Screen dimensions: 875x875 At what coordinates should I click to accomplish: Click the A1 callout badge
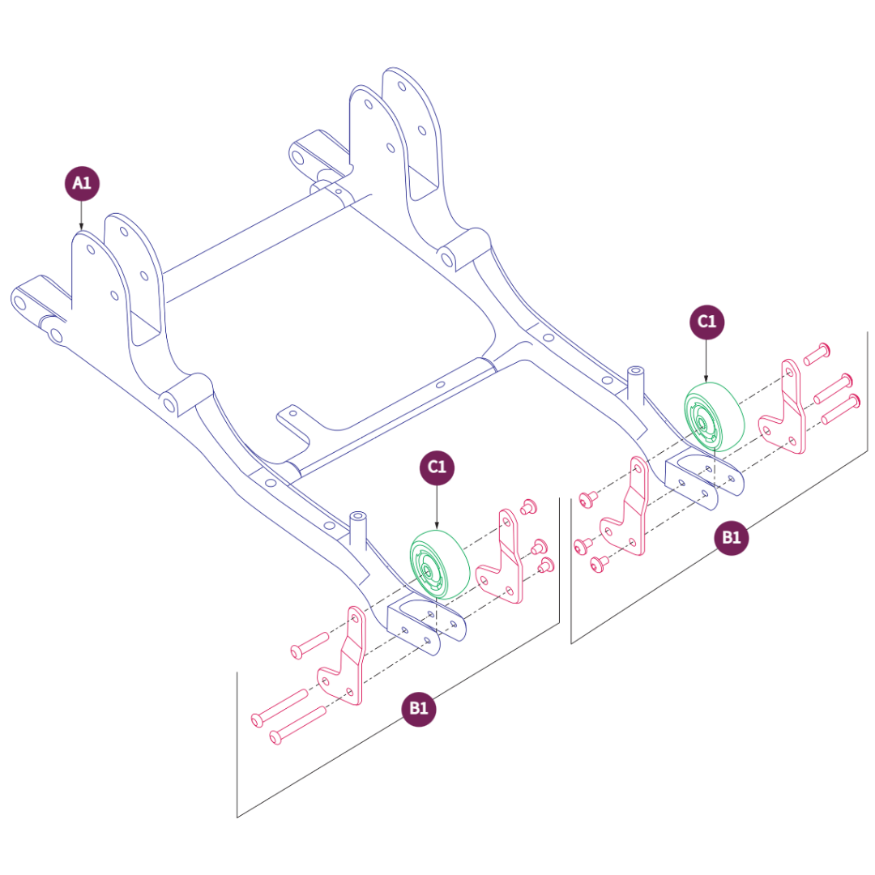click(81, 183)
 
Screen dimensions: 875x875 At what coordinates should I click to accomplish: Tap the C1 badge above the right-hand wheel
click(706, 322)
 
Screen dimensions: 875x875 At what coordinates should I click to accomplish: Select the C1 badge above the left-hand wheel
click(437, 467)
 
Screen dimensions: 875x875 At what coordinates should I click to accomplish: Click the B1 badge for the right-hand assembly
click(732, 537)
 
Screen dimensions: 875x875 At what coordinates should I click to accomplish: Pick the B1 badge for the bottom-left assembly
click(419, 708)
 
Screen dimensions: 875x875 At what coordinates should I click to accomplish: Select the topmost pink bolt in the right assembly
click(817, 352)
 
